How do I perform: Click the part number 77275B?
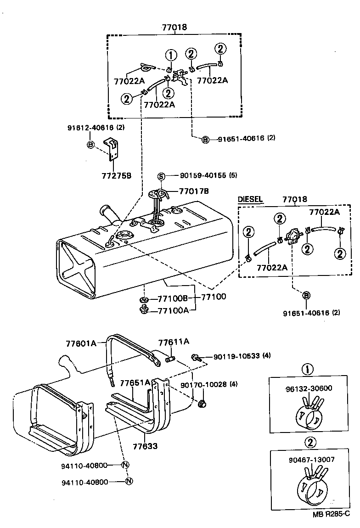[x=116, y=175]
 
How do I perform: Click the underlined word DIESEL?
[x=250, y=199]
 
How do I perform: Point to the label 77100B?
[x=173, y=298]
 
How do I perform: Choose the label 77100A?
[x=173, y=311]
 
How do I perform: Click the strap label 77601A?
[x=81, y=343]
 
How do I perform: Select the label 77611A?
[x=174, y=342]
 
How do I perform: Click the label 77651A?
[x=135, y=382]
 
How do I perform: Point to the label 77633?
[x=145, y=445]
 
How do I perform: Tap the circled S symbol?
[x=161, y=175]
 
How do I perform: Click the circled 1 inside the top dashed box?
[x=171, y=56]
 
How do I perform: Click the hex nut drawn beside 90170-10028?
[x=202, y=404]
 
